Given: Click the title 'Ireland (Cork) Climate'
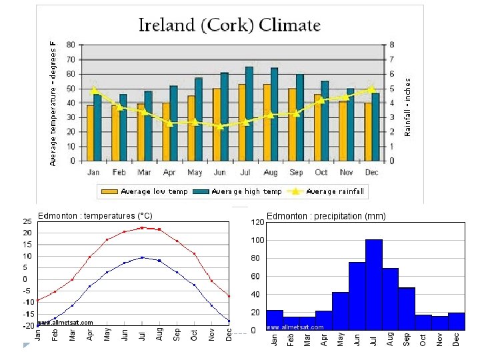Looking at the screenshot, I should tap(229, 25).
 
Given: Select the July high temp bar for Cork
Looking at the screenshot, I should tap(249, 113).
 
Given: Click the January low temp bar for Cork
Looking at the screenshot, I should tap(91, 133).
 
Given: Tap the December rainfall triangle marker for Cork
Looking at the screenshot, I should tap(371, 89).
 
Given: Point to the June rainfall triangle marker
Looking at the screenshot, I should tap(220, 126).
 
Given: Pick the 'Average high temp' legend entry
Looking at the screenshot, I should tap(237, 192).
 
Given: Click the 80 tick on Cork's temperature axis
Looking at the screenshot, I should tap(71, 45).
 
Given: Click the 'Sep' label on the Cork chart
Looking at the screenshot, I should tap(296, 172).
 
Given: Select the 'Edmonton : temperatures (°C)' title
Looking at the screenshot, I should tap(95, 216).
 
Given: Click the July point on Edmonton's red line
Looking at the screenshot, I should tap(142, 228).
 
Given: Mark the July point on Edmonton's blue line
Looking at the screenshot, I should tap(142, 257).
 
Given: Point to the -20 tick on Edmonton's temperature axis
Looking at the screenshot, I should tap(27, 326).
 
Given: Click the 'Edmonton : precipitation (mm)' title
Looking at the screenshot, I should tap(326, 216).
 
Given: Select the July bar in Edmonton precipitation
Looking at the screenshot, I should tap(373, 285).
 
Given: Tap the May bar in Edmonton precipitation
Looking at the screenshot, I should tap(340, 311).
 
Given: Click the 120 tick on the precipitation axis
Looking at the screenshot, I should tap(257, 222).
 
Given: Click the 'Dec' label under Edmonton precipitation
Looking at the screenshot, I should tap(456, 340).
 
